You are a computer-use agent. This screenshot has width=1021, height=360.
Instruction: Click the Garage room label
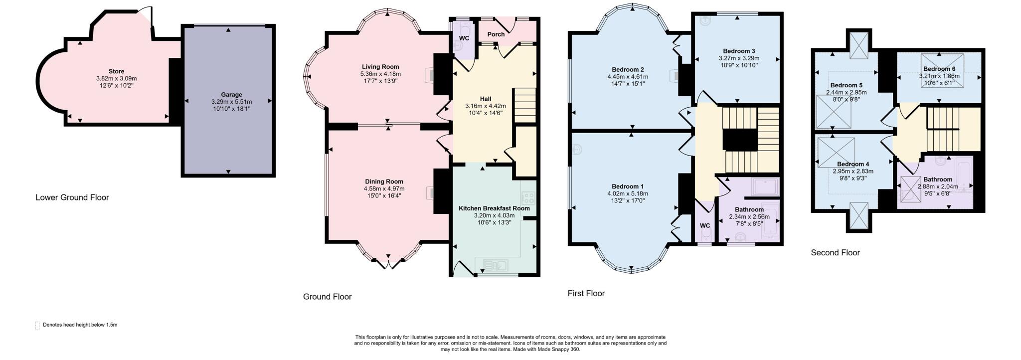coord(231,95)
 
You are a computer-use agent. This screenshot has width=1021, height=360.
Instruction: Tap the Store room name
coord(116,71)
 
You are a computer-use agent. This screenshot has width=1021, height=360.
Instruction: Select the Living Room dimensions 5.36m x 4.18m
coord(380,74)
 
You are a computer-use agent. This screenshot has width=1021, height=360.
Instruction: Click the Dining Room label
coord(384,181)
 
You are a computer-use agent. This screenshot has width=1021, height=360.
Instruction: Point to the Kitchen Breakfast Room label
coord(494,208)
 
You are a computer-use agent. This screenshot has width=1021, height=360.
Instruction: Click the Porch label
coord(496,34)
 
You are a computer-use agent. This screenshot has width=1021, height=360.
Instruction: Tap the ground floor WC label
coord(464,38)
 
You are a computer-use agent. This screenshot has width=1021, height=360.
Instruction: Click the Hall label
coord(485,99)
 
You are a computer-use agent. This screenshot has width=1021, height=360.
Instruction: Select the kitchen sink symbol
coord(495,265)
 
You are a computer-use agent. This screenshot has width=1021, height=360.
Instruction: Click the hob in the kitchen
coord(528,198)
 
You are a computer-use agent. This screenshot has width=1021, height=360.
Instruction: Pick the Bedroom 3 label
coord(739,51)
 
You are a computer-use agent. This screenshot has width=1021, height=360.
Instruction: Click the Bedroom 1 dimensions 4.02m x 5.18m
coord(627,193)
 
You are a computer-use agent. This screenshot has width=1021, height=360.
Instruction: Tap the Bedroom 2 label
coord(628,69)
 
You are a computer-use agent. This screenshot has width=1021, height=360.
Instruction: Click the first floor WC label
coord(704,226)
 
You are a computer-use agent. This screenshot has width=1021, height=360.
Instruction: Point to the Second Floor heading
coord(835,253)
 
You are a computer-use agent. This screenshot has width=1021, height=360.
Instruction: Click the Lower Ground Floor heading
coord(72,197)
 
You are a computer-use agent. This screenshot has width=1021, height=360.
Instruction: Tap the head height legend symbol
coord(37,326)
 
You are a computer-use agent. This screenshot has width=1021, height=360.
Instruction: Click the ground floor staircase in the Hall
coord(524,105)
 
